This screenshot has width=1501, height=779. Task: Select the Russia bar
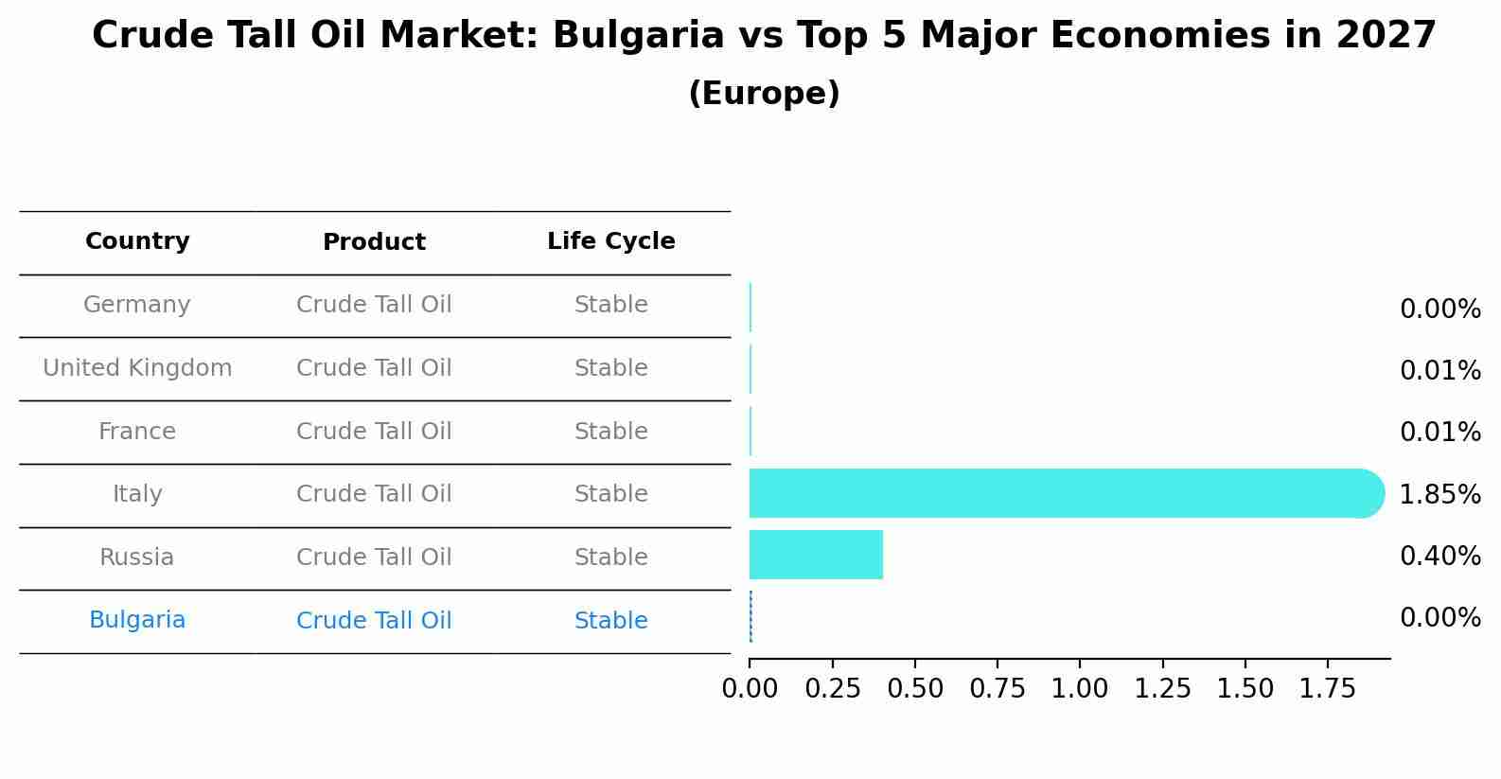pyautogui.click(x=816, y=555)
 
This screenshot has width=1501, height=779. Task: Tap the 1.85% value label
pyautogui.click(x=1439, y=494)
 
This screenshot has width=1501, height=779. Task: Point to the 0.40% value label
pyautogui.click(x=1439, y=556)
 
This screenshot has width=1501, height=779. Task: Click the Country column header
pyautogui.click(x=137, y=241)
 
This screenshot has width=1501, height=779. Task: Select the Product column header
pyautogui.click(x=374, y=242)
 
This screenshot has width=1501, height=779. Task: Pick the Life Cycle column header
pyautogui.click(x=610, y=241)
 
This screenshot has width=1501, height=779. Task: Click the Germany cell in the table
pyautogui.click(x=137, y=305)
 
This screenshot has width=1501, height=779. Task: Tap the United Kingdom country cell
pyautogui.click(x=137, y=368)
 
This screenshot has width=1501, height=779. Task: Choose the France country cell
pyautogui.click(x=137, y=432)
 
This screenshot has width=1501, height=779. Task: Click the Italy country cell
pyautogui.click(x=137, y=494)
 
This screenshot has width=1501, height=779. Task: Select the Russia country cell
pyautogui.click(x=137, y=558)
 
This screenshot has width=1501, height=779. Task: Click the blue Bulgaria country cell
pyautogui.click(x=137, y=620)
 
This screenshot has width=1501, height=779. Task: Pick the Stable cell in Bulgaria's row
pyautogui.click(x=610, y=621)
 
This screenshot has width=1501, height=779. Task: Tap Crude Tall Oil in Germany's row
pyautogui.click(x=374, y=305)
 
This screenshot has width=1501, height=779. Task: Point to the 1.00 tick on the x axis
pyautogui.click(x=1080, y=689)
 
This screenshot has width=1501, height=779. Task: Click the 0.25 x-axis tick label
pyautogui.click(x=832, y=689)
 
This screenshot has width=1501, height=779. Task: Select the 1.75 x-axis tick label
pyautogui.click(x=1328, y=689)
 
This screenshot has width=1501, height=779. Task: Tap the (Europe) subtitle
pyautogui.click(x=764, y=94)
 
